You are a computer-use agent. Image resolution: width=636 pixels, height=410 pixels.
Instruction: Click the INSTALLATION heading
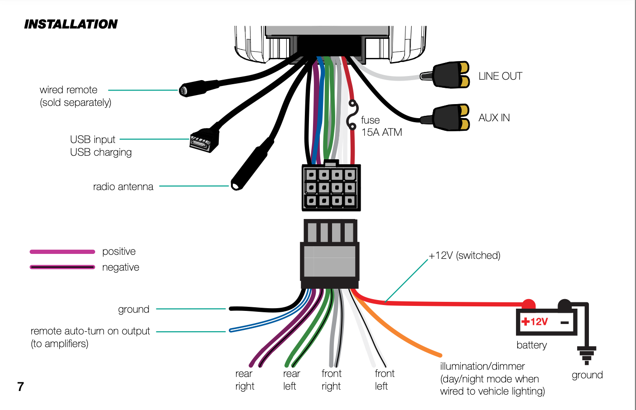pos(71,24)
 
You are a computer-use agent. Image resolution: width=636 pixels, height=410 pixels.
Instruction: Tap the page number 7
pos(20,386)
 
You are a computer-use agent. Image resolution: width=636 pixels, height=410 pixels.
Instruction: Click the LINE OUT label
pos(500,76)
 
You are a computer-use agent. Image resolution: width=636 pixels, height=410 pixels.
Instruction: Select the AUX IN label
pos(494,118)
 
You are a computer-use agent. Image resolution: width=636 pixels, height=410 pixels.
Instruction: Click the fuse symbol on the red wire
pos(352,115)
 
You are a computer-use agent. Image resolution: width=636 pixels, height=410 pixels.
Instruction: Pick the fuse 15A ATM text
pos(381,126)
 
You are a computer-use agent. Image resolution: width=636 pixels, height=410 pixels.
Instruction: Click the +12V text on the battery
pos(535,322)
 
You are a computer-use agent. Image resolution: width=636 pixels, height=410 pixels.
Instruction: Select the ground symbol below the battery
pos(587,355)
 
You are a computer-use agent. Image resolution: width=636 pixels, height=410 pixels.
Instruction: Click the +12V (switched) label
pos(465,255)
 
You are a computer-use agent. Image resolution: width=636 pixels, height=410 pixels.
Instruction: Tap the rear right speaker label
pos(245,380)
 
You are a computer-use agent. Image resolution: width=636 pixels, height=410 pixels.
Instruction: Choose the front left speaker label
pos(384,380)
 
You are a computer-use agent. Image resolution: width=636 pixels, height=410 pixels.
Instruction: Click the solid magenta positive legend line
pos(63,252)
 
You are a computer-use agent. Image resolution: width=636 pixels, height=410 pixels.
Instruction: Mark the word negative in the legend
pos(120,267)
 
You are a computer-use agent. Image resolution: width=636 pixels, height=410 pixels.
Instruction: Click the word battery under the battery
pos(531,345)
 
